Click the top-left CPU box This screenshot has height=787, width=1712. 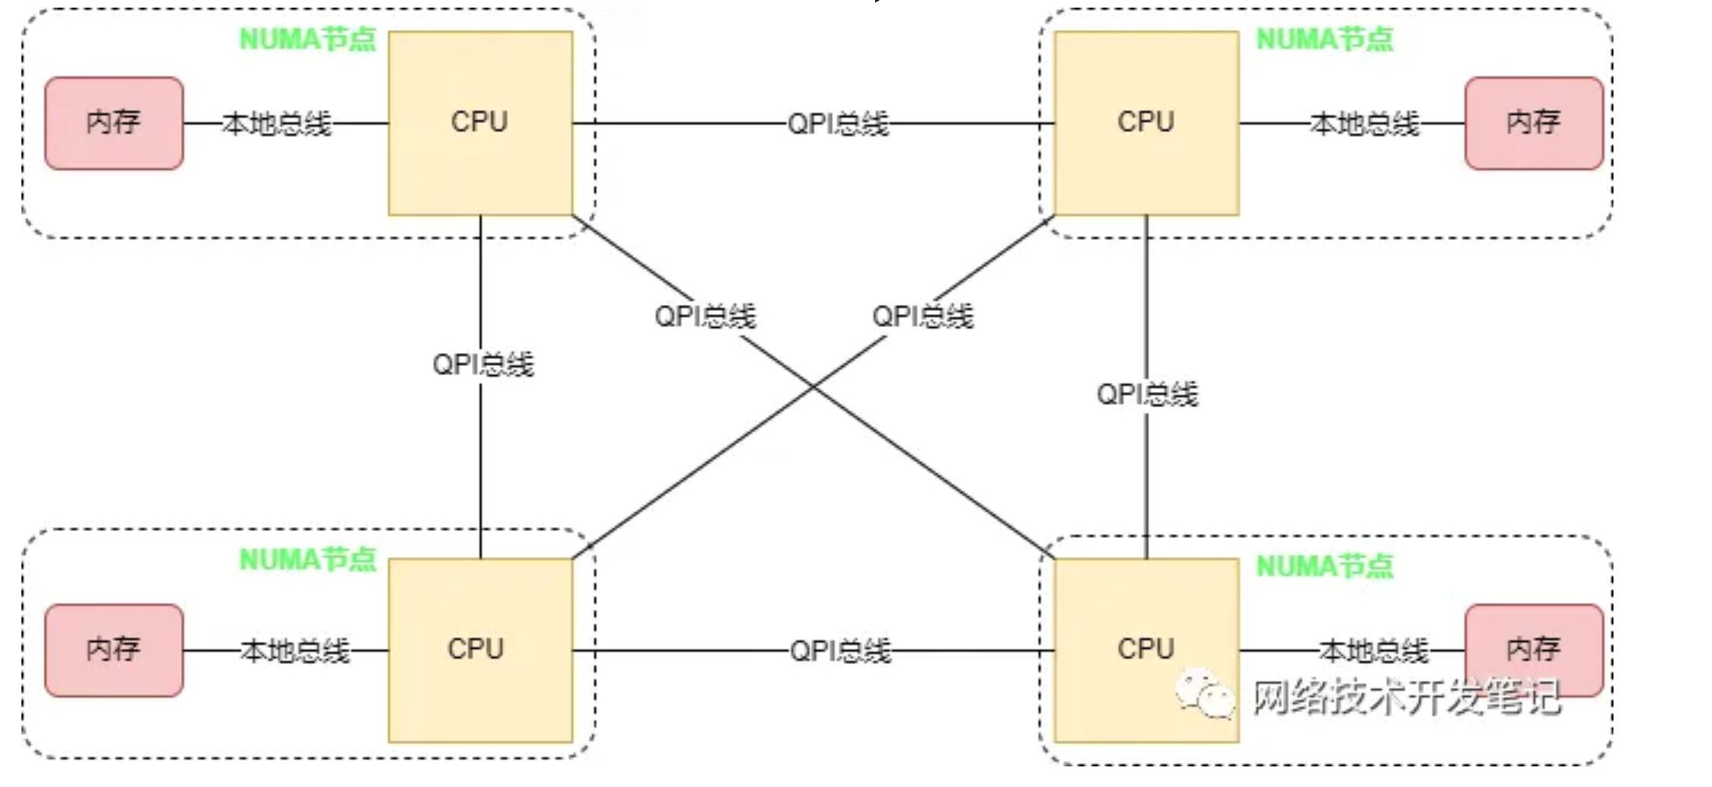(480, 123)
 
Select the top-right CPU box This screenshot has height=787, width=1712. (1146, 123)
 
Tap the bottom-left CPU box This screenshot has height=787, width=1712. (480, 650)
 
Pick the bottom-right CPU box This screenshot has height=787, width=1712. (1146, 650)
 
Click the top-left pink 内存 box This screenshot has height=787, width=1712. (114, 123)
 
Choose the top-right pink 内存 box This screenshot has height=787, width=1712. (1533, 123)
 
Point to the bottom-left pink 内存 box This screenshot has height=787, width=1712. (114, 650)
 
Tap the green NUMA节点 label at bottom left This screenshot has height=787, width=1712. (308, 560)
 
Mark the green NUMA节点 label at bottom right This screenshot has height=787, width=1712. (1325, 567)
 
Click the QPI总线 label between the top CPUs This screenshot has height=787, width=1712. (838, 124)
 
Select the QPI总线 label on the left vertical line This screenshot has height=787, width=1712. (483, 364)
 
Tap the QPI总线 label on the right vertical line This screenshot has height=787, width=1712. (1147, 395)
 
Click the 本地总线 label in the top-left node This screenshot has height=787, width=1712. (277, 124)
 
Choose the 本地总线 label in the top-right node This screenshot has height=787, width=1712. (1365, 124)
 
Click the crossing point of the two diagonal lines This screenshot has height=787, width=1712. (813, 387)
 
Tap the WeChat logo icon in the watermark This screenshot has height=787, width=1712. (1205, 694)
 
